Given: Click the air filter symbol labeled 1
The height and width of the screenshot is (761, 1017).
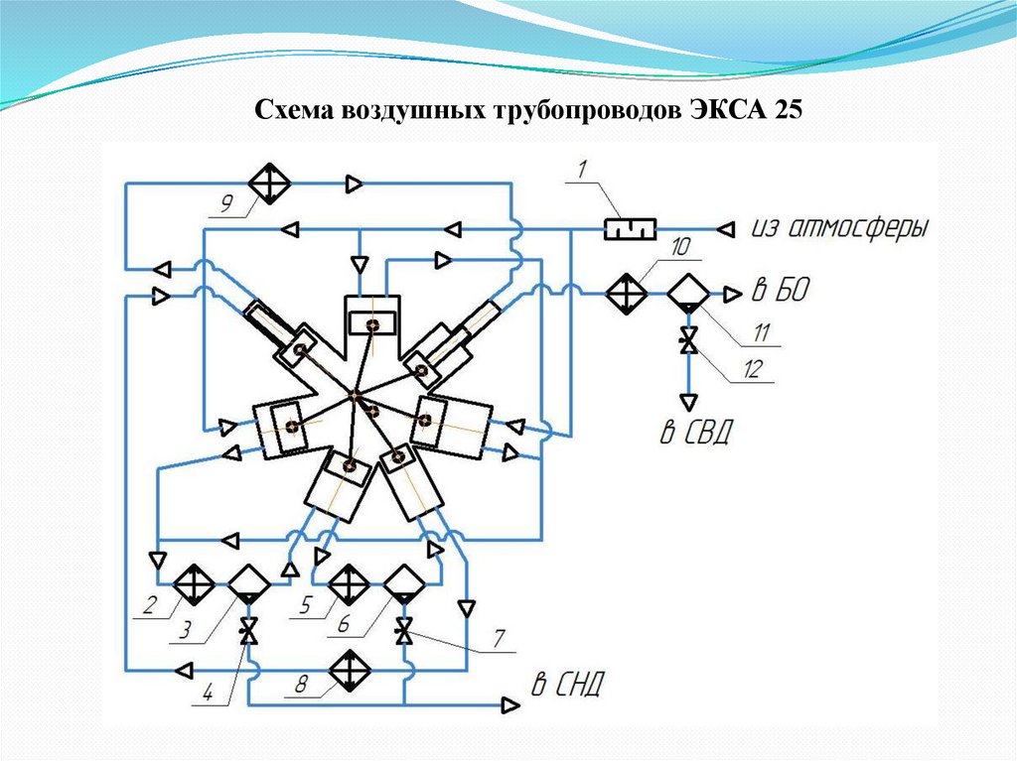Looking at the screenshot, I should pos(631,229).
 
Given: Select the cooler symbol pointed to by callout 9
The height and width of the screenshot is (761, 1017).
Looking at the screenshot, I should pos(269,183).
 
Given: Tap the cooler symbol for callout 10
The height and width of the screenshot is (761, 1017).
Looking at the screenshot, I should pos(627,294).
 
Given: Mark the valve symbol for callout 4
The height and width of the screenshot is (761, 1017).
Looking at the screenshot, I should pos(247,631).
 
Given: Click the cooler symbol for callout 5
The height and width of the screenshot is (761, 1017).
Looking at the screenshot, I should pos(349,583).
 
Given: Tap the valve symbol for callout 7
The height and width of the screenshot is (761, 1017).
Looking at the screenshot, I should pos(403,631).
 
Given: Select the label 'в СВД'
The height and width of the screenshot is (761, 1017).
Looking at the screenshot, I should pos(694,433).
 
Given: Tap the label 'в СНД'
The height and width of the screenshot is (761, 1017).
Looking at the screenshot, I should pos(566,685).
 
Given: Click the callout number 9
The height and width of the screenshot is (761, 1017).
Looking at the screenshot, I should pos(225,205).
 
